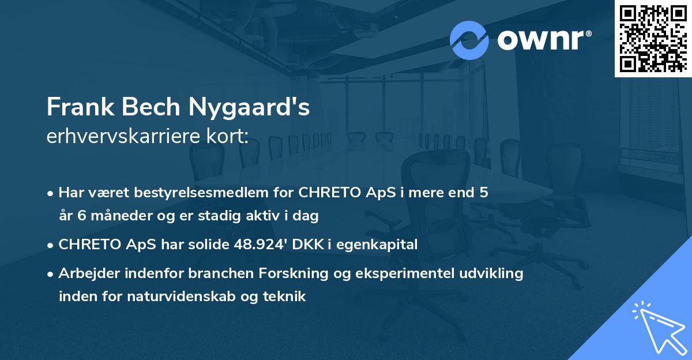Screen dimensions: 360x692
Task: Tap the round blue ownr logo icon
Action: click(x=469, y=40)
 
